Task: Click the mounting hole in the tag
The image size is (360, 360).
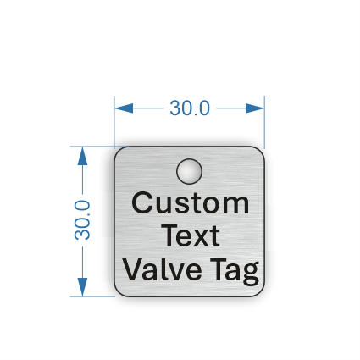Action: coord(189,171)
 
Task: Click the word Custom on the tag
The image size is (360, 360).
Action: coord(191,202)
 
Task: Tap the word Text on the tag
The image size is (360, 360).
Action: coord(191,235)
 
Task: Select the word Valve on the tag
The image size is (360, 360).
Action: coord(162,269)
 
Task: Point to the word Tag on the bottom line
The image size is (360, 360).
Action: coord(235,272)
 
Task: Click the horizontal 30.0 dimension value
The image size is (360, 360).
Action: coord(190,108)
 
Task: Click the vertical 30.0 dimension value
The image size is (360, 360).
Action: coord(82,220)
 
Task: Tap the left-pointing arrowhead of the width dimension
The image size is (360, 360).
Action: coord(124,108)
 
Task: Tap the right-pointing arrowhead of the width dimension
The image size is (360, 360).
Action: coord(255,108)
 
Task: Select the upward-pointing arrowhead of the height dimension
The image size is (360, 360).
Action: coord(82,156)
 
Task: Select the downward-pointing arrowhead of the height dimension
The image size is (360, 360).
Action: coord(82,287)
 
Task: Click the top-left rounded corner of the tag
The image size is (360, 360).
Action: coord(118,150)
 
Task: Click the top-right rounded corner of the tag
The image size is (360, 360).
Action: coord(261,150)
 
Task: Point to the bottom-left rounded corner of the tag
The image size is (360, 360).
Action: coord(118,293)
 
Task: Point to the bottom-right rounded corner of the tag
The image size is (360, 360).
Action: coord(261,293)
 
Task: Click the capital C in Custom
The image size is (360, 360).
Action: coord(141,202)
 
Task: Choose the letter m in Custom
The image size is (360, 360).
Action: coord(236,206)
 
